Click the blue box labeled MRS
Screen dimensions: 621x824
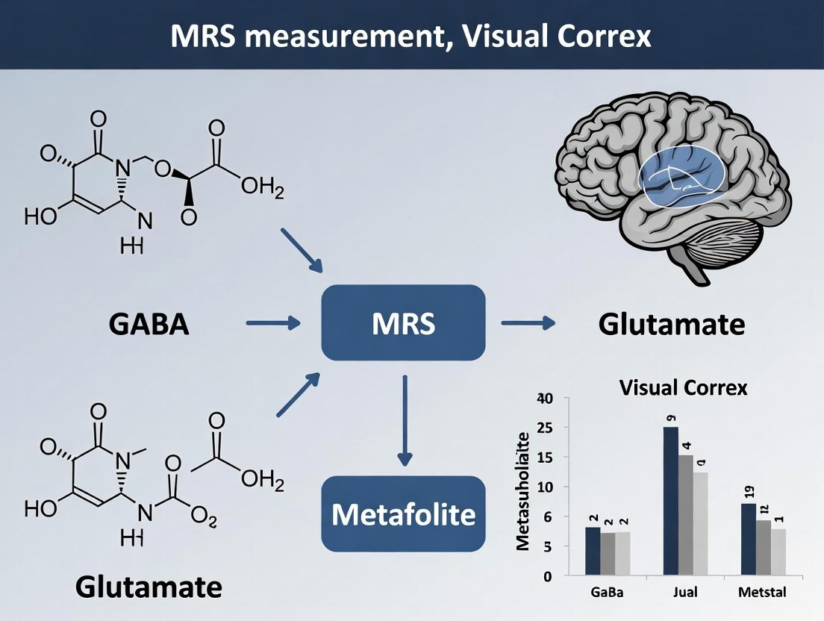coord(403,323)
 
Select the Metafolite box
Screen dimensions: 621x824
coord(403,514)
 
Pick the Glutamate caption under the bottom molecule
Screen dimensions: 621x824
coord(149,587)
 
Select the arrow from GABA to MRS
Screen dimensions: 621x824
coord(272,323)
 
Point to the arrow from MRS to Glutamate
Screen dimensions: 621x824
coord(528,322)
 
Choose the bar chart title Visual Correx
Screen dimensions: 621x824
coord(683,388)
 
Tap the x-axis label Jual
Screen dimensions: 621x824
coord(684,593)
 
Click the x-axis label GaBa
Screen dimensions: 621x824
coord(605,593)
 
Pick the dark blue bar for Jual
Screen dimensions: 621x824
coord(670,501)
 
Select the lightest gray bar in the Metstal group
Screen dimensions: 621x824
coord(778,552)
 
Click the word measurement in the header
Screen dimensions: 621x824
coord(337,35)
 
